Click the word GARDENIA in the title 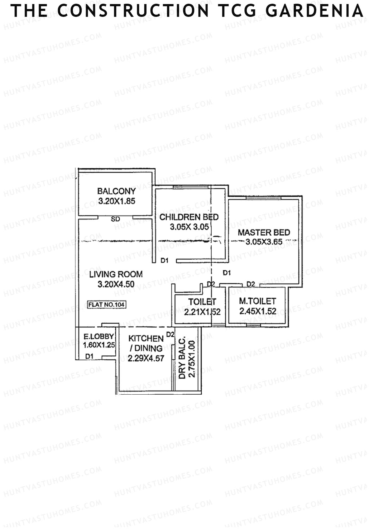point(315,11)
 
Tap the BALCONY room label point(117,191)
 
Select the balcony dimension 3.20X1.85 point(117,201)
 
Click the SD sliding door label point(115,219)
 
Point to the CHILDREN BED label point(189,217)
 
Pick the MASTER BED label point(264,232)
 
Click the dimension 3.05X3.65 point(264,242)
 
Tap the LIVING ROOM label point(116,274)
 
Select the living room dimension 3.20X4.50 point(116,284)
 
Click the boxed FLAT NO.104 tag point(107,305)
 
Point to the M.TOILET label point(257,301)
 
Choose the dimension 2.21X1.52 point(202,312)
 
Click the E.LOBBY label point(98,337)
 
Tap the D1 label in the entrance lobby point(90,356)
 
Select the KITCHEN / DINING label point(146,343)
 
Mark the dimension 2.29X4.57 point(146,358)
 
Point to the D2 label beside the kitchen point(170,334)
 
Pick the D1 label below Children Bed point(165,260)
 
